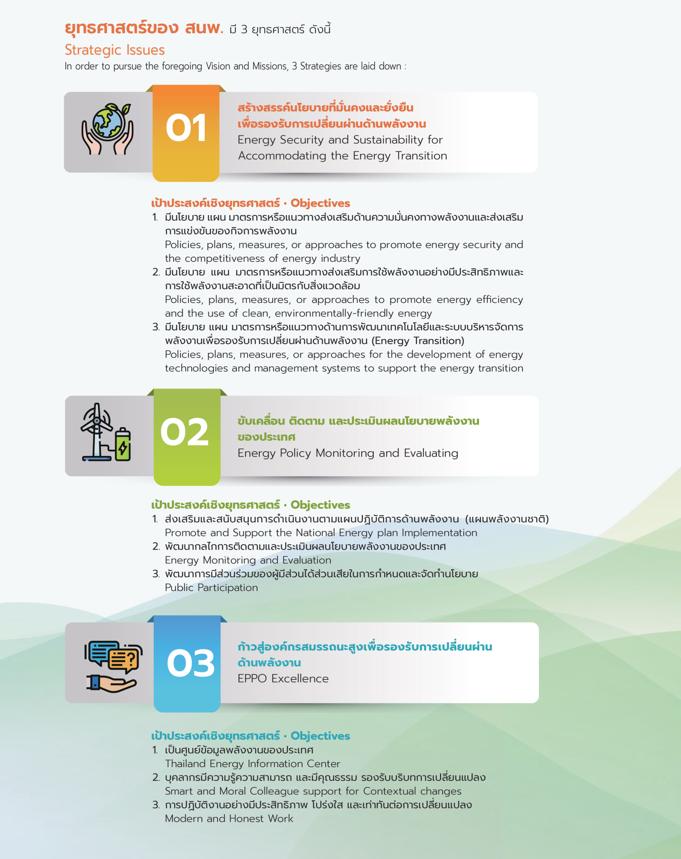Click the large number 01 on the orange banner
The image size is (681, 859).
pos(186,128)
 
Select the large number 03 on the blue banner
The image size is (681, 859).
pos(191,663)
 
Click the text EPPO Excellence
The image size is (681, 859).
pos(283,678)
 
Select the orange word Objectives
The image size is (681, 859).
pos(321,203)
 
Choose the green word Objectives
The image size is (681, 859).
pos(321,505)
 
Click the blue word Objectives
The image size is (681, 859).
pos(321,736)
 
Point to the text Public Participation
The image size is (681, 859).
pos(211,587)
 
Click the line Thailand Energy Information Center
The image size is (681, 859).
pos(253,763)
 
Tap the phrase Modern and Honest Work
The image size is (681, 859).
pos(229,818)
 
